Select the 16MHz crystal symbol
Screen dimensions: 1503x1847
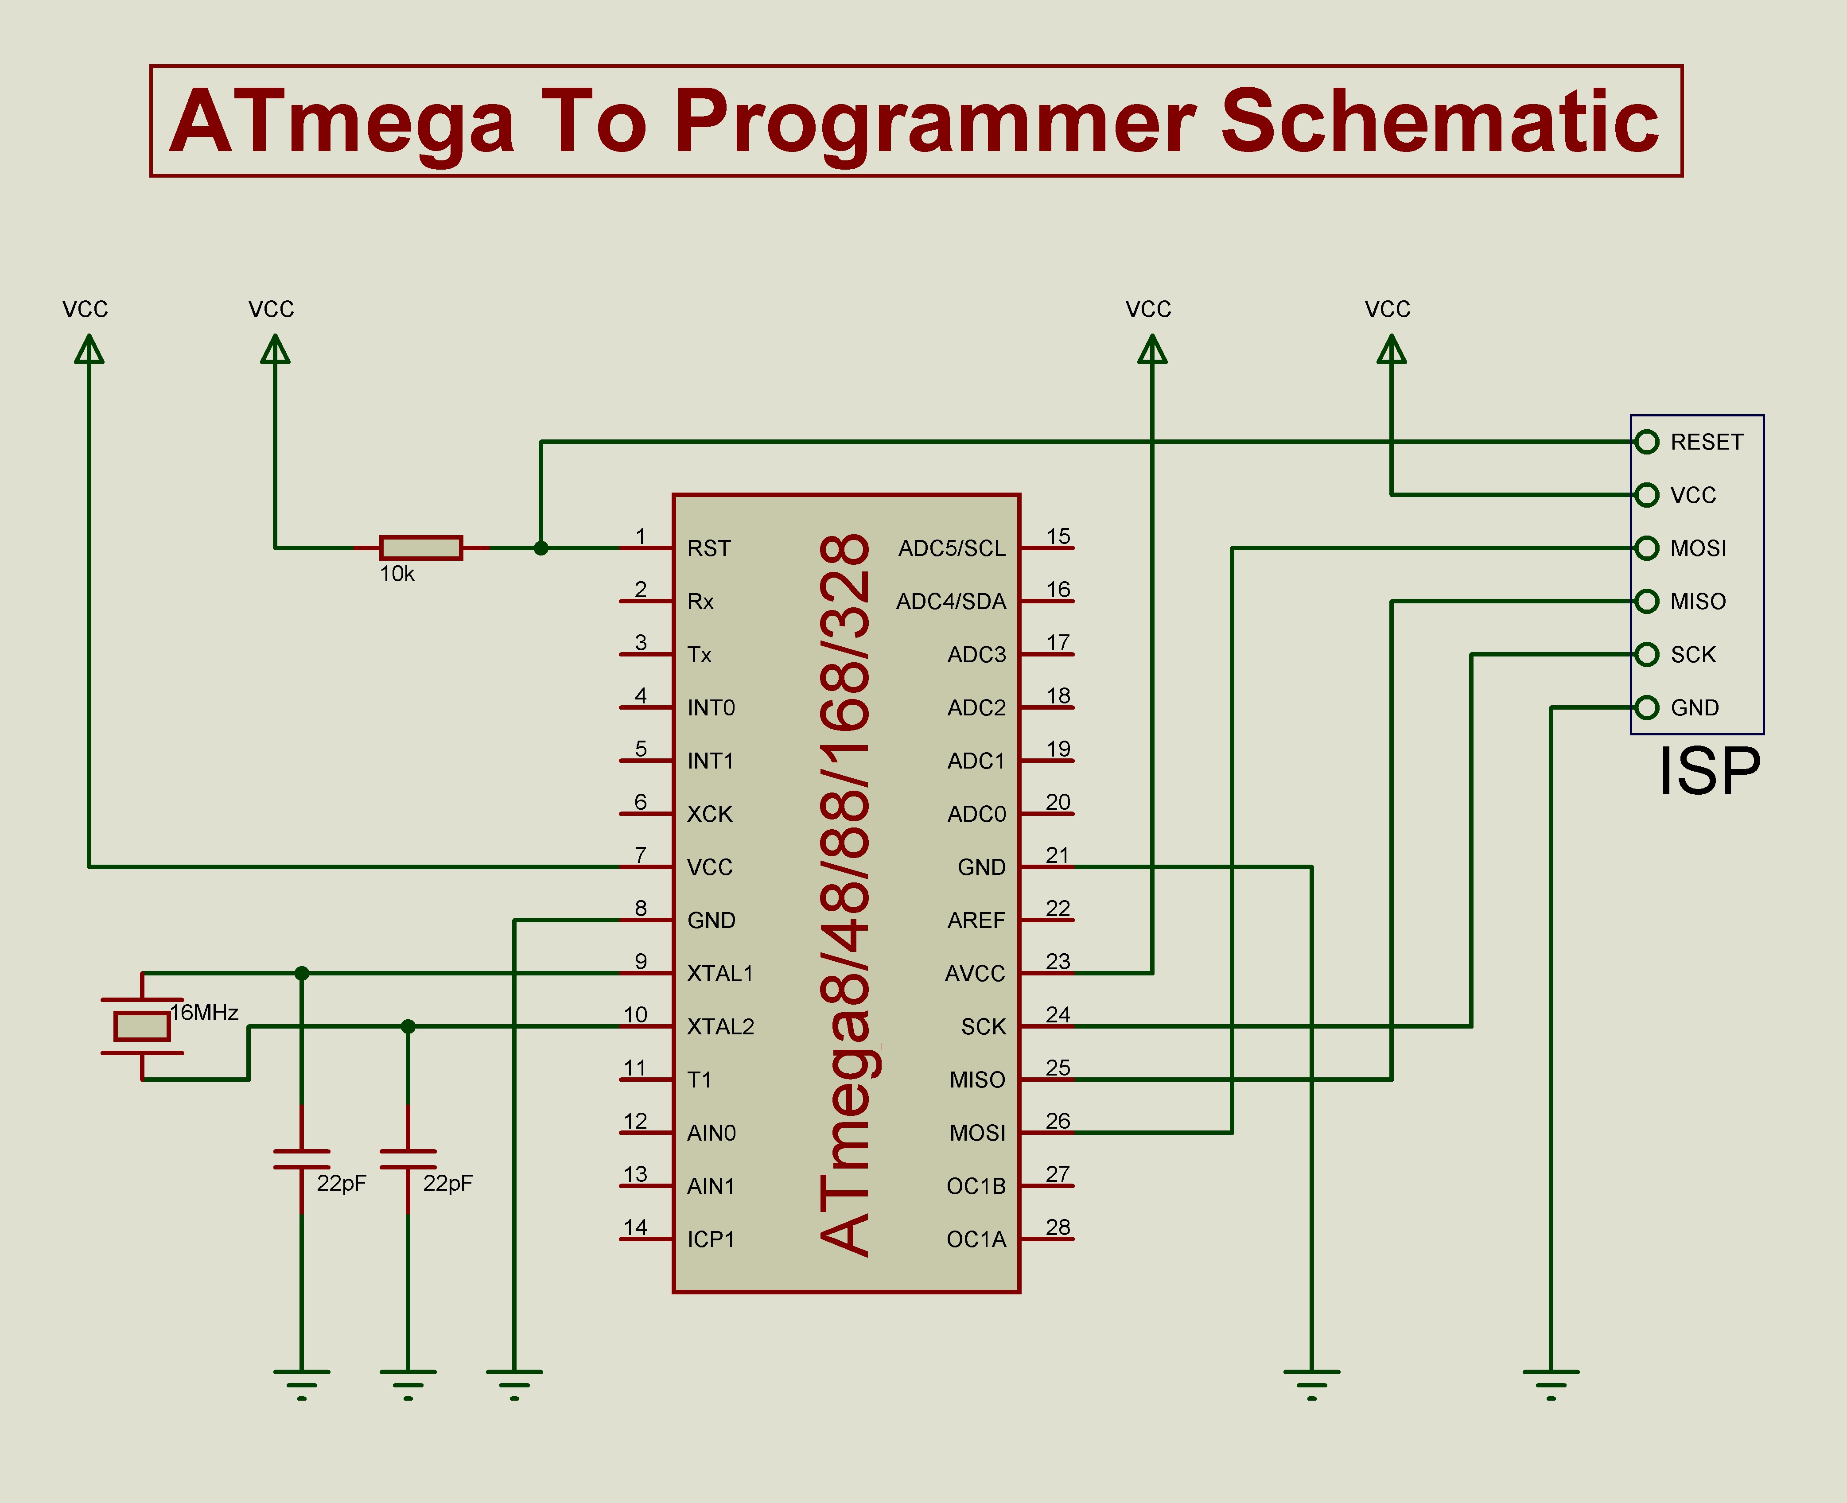pos(142,1026)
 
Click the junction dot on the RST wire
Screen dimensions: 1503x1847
pos(541,548)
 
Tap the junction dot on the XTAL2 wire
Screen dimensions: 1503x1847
pos(408,1027)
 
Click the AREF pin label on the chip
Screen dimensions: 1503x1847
pos(976,920)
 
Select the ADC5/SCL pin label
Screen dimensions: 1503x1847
pos(952,548)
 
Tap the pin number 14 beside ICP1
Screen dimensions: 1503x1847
pos(636,1227)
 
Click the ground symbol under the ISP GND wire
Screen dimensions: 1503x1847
pos(1551,1383)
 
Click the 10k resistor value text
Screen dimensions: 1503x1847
pos(397,574)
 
